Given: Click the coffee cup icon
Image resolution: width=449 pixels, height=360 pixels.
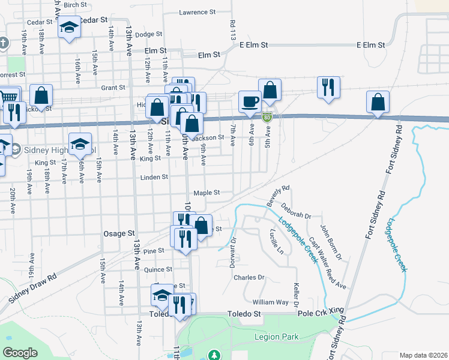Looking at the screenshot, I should tap(250, 101).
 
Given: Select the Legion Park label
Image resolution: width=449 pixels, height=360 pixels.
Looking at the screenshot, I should tap(276, 337).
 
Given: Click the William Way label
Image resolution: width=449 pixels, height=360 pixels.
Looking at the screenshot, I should tap(271, 302).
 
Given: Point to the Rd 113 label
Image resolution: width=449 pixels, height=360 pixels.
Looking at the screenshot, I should tap(232, 30).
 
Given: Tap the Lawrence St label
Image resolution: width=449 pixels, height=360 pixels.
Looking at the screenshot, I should tap(197, 12).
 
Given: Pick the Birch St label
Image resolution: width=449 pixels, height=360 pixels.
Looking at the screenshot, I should tap(75, 5).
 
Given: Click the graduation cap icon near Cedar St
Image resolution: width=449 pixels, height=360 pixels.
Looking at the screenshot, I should tap(69, 27).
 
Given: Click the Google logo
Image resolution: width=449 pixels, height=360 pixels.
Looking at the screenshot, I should tap(20, 353).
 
